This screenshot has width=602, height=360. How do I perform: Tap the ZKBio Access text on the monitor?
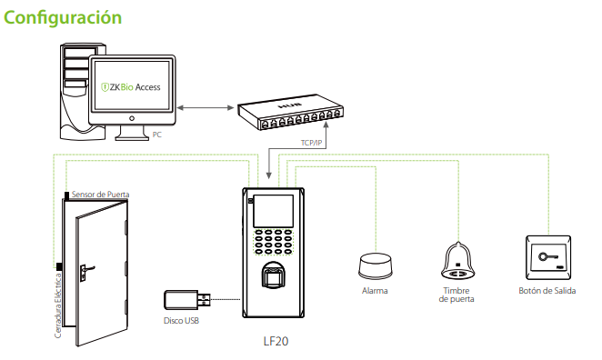point(129,87)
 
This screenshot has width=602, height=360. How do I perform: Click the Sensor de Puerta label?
point(101,195)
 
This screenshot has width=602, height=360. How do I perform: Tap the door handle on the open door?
point(84,269)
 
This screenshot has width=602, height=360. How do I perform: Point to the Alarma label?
point(375,291)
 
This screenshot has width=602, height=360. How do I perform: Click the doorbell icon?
point(457,262)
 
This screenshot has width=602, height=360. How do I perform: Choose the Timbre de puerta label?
point(457,295)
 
